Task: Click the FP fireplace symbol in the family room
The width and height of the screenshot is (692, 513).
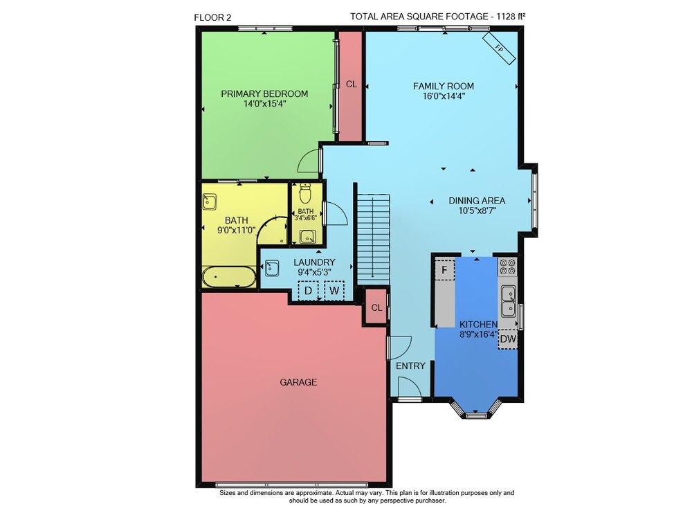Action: pyautogui.click(x=499, y=48)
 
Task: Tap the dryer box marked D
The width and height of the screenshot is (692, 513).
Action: pyautogui.click(x=309, y=291)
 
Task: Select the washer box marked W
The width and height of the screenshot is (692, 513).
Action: pyautogui.click(x=334, y=291)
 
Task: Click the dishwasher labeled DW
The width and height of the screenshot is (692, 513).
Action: pyautogui.click(x=508, y=339)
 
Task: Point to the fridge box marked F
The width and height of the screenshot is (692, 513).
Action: pyautogui.click(x=445, y=269)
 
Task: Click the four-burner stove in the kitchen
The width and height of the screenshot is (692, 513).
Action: pyautogui.click(x=507, y=267)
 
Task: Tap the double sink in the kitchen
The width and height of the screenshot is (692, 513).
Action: pyautogui.click(x=509, y=300)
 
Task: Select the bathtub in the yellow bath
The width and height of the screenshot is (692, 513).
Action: pyautogui.click(x=229, y=277)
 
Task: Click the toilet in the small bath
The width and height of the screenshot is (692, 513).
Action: pyautogui.click(x=305, y=192)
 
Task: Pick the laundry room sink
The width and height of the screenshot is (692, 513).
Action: pyautogui.click(x=272, y=269)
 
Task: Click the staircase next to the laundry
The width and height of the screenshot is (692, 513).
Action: pyautogui.click(x=373, y=239)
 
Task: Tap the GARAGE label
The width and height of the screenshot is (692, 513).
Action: pyautogui.click(x=298, y=382)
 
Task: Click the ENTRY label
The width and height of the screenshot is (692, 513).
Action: pyautogui.click(x=410, y=366)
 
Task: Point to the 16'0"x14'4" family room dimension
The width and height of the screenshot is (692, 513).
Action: pyautogui.click(x=444, y=96)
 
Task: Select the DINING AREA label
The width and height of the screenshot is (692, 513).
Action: pyautogui.click(x=477, y=201)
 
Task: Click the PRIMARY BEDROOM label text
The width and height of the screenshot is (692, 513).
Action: pyautogui.click(x=264, y=93)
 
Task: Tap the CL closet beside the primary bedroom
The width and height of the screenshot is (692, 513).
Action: pyautogui.click(x=352, y=84)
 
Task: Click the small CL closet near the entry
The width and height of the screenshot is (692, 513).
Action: pyautogui.click(x=376, y=307)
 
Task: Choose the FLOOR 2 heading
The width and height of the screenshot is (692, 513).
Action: pyautogui.click(x=212, y=18)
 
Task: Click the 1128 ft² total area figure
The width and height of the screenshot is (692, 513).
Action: pyautogui.click(x=511, y=17)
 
